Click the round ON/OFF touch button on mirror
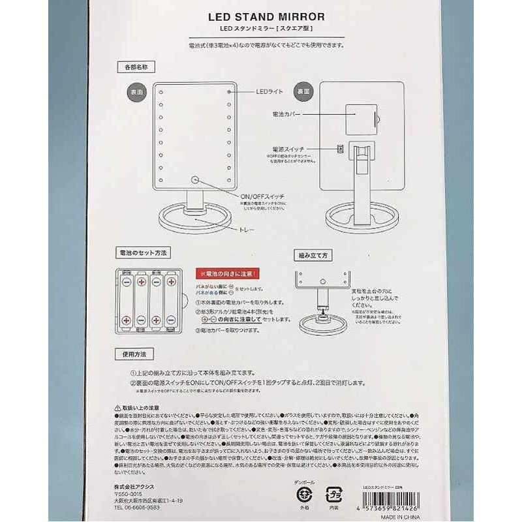coord(194,179)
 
